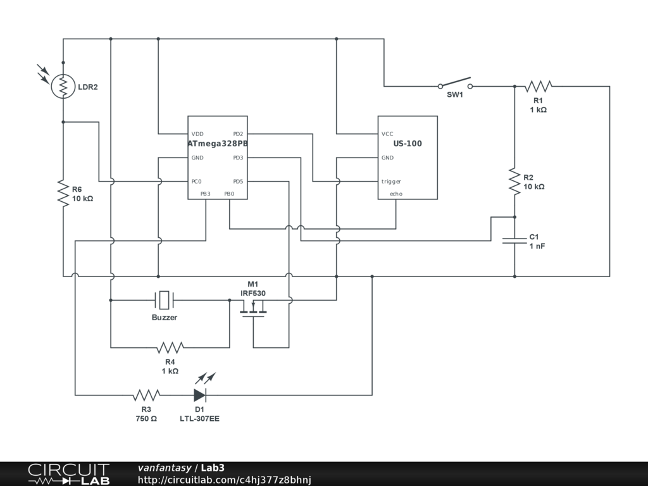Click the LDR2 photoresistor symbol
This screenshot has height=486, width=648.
tap(63, 86)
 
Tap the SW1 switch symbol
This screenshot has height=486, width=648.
tap(455, 84)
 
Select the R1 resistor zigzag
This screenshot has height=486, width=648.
tap(539, 86)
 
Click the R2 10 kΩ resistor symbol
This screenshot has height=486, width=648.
tap(514, 181)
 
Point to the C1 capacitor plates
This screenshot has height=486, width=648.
tap(514, 240)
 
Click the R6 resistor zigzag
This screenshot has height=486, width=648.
tap(63, 193)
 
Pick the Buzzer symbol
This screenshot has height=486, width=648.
tap(165, 300)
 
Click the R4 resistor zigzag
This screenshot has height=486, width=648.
tap(170, 347)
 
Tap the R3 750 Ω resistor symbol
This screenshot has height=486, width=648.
tap(146, 395)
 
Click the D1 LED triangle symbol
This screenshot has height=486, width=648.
tap(200, 395)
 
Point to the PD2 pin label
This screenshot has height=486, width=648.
tap(238, 134)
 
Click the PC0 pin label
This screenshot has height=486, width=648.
tap(196, 182)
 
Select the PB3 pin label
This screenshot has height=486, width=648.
tap(206, 194)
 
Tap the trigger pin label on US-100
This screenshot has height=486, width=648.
tap(391, 182)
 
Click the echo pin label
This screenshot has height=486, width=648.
tap(396, 194)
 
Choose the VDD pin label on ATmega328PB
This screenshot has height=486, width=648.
tap(197, 134)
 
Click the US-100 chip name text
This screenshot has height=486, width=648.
tap(408, 144)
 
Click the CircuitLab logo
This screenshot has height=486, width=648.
tap(68, 473)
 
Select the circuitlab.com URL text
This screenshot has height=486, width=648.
tap(225, 480)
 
